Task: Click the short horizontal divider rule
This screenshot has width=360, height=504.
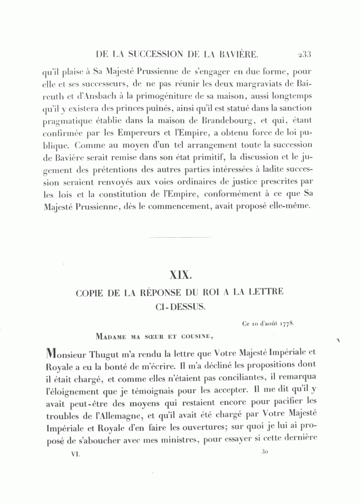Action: coord(180,238)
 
